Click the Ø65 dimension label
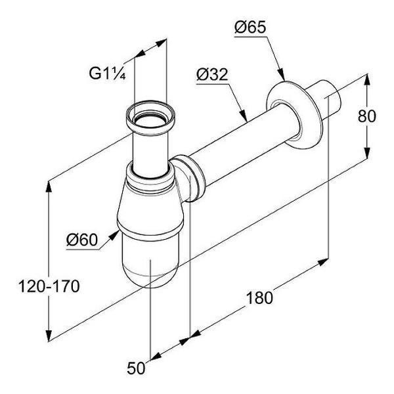(x=250, y=27)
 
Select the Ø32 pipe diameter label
(x=212, y=74)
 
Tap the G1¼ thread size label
(x=107, y=74)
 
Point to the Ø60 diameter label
(x=82, y=240)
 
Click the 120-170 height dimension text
(x=49, y=286)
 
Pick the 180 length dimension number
(x=259, y=297)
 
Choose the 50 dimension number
(x=136, y=368)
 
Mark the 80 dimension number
(x=367, y=116)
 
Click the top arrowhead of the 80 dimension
(x=367, y=80)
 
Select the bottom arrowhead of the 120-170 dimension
(x=49, y=334)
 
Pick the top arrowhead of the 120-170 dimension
(x=49, y=187)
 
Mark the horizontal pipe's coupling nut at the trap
(x=190, y=178)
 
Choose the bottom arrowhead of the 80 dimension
(x=367, y=152)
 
